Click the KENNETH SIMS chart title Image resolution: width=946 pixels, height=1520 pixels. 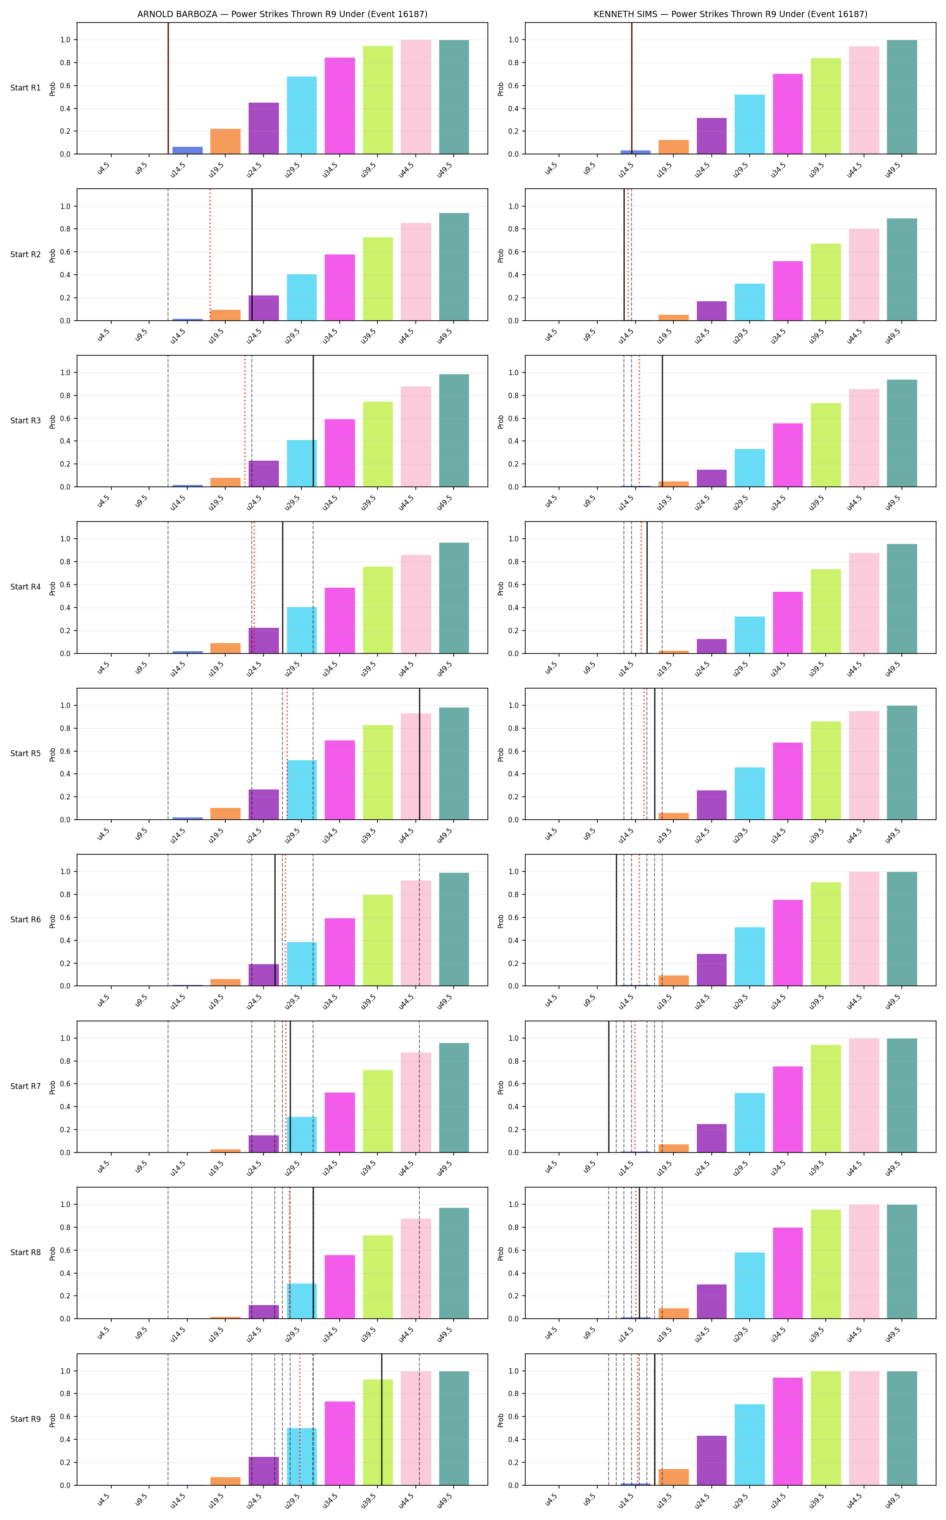pos(730,14)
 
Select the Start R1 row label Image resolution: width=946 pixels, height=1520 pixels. pos(26,87)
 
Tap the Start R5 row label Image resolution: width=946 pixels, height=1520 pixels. pos(26,753)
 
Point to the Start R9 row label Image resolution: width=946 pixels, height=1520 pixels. pos(26,1419)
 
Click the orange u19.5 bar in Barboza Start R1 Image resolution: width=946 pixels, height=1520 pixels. pos(225,141)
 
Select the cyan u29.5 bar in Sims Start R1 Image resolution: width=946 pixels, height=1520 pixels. pos(750,124)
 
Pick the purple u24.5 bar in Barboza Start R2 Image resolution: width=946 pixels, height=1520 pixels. pos(264,308)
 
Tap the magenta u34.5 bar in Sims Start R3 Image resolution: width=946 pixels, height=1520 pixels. pos(788,455)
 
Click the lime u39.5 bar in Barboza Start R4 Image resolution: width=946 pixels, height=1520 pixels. pos(378,610)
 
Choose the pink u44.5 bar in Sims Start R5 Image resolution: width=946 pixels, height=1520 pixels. pos(864,765)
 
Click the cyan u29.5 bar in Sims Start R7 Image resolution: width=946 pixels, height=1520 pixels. pos(750,1123)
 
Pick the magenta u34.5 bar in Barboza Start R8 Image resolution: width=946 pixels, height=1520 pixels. pos(340,1287)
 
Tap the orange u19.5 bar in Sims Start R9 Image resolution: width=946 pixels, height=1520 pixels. pos(673,1477)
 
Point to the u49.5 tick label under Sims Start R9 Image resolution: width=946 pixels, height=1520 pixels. pos(893,1499)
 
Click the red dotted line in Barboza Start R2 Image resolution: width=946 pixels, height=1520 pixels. pos(210,254)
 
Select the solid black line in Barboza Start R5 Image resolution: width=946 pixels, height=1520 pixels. pos(419,754)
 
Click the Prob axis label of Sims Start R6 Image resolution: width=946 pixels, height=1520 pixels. pos(500,920)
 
